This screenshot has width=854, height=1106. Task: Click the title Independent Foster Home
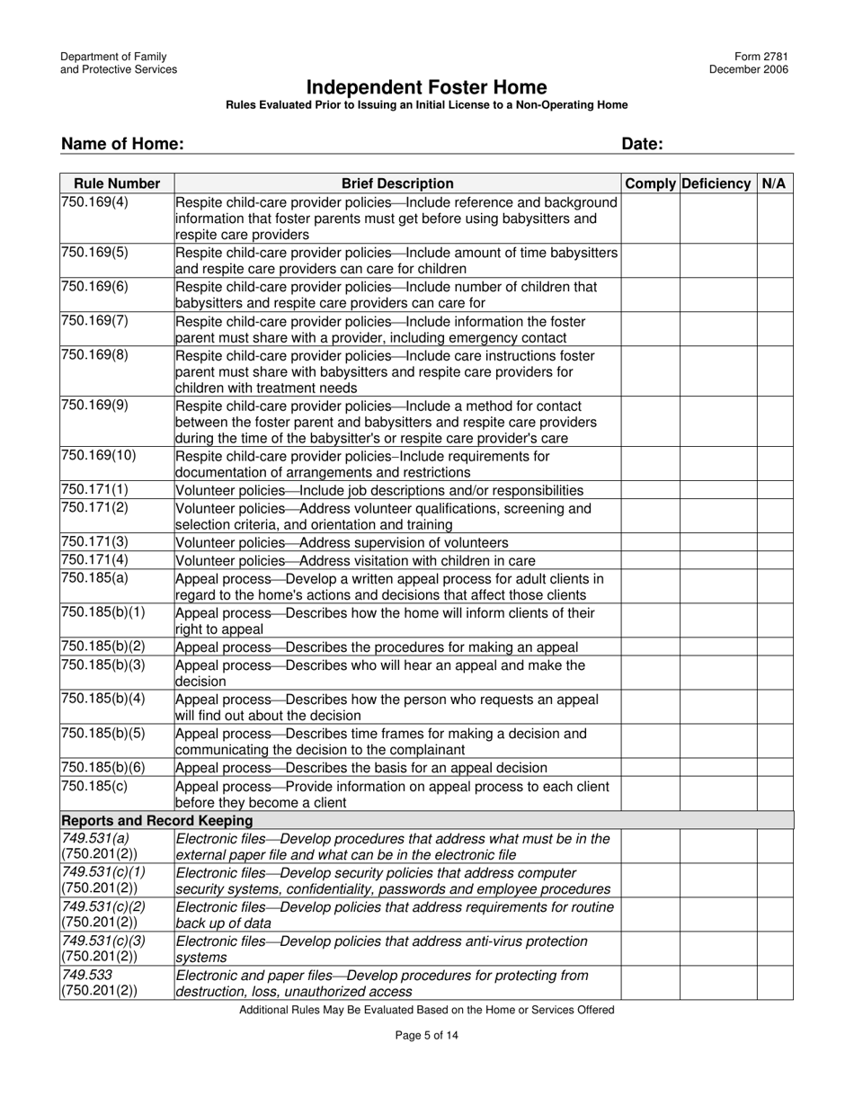426,87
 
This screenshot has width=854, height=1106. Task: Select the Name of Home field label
122,144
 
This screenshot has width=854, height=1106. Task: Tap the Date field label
642,144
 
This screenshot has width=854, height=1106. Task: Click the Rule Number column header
117,183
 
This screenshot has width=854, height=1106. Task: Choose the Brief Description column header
397,183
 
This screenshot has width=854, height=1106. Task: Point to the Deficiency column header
716,183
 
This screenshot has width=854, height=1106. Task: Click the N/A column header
773,183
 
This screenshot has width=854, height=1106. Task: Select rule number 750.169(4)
94,202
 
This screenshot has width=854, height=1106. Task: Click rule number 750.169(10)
98,456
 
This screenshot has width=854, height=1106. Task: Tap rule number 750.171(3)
94,542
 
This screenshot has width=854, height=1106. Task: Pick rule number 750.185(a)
94,578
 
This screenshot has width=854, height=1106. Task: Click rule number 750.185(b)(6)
102,767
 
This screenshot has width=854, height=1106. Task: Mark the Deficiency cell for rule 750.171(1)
717,490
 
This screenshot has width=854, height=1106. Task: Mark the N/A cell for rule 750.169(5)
774,260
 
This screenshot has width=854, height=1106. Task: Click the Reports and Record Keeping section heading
156,820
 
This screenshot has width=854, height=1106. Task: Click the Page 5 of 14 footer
427,1035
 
